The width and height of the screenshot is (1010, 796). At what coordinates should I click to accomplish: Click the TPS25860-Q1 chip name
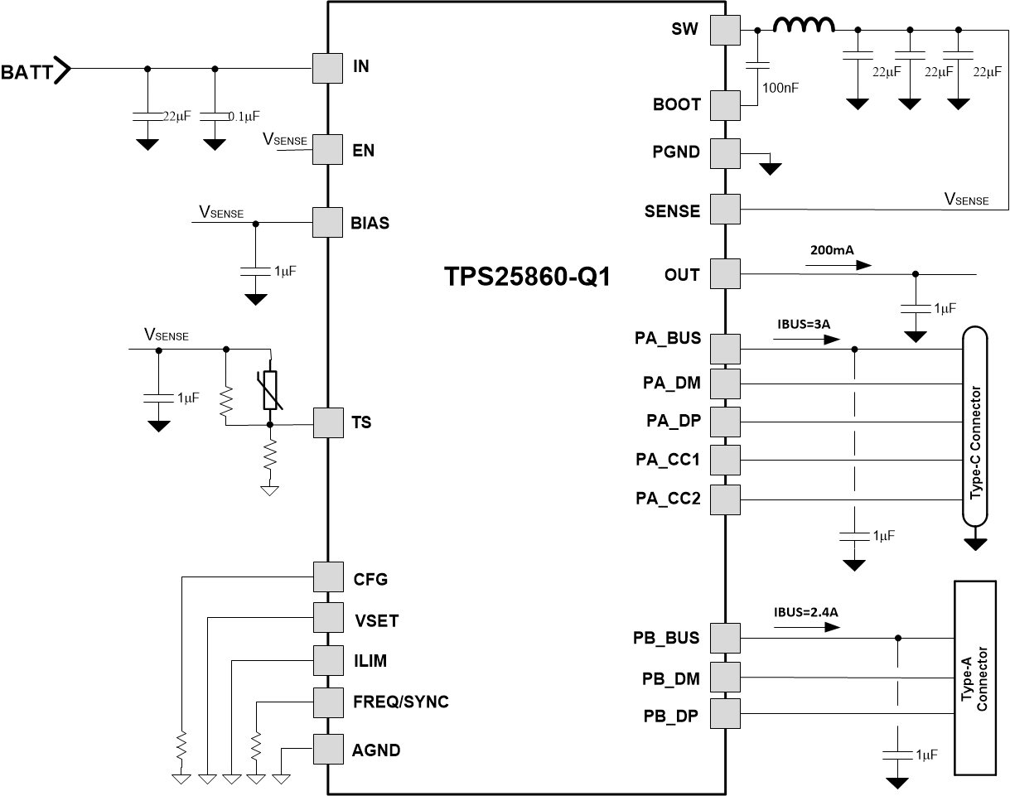tap(528, 277)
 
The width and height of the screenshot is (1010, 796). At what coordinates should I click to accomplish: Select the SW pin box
tap(726, 31)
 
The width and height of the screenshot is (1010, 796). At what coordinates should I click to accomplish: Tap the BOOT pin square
tap(726, 105)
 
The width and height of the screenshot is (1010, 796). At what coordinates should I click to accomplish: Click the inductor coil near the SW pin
tap(804, 27)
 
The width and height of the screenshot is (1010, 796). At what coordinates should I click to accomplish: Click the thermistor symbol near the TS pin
tap(270, 390)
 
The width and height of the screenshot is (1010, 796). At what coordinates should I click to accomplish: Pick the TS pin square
tap(327, 423)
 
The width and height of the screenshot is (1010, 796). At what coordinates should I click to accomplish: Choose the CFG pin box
tap(327, 577)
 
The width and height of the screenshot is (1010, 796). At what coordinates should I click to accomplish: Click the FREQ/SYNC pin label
tap(400, 702)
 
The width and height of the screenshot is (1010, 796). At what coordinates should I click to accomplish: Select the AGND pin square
tap(327, 750)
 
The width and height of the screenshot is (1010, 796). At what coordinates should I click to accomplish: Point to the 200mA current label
tap(833, 249)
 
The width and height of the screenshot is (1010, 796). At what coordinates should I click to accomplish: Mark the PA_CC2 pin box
tap(726, 499)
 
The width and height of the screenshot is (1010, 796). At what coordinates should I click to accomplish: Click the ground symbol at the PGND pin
tap(771, 168)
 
